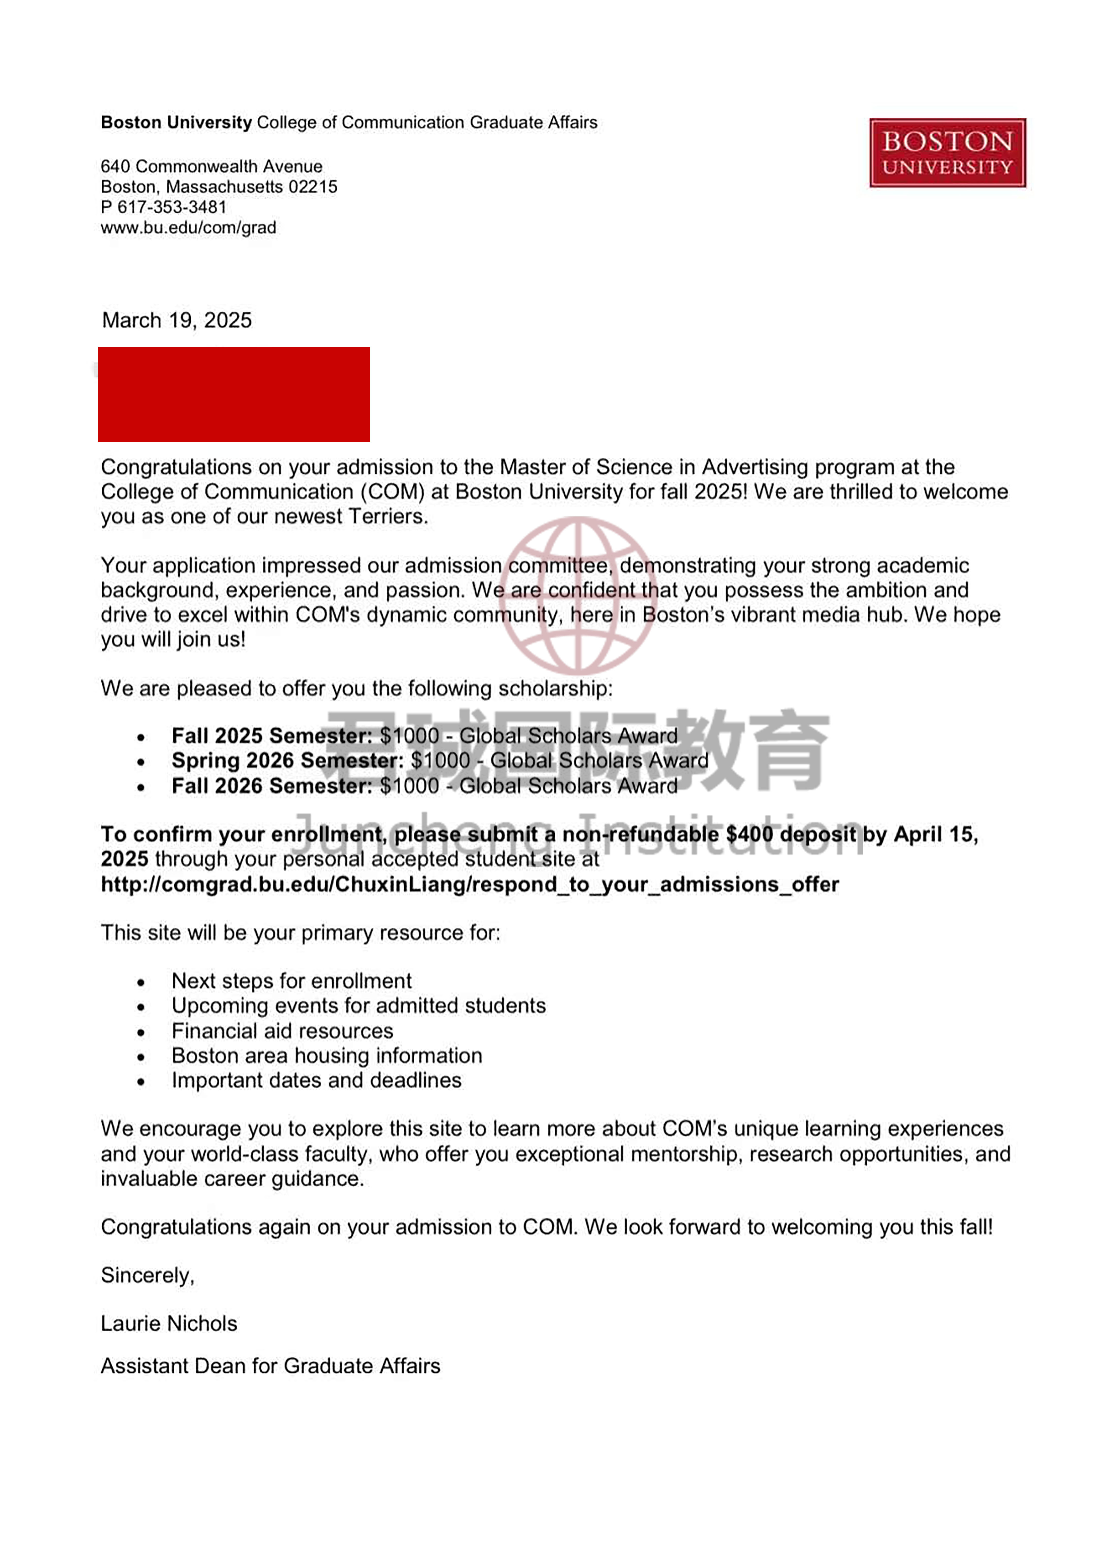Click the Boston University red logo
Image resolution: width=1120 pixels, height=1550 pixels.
[x=947, y=152]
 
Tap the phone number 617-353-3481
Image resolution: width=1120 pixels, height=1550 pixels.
[x=172, y=207]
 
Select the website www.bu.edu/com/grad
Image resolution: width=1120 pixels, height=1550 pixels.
[x=188, y=227]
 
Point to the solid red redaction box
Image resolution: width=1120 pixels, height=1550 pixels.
[x=234, y=394]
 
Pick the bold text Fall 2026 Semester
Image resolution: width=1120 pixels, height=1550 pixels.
[x=271, y=786]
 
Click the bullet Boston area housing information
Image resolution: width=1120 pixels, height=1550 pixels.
[x=327, y=1056]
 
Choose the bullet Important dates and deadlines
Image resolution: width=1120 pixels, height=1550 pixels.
[x=317, y=1080]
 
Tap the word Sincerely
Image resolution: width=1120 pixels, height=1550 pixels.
[x=147, y=1275]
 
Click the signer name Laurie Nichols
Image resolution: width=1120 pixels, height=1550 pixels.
[x=169, y=1324]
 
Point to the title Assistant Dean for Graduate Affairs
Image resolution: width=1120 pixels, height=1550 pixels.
[x=270, y=1366]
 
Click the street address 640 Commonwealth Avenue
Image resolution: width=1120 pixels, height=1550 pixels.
[x=211, y=166]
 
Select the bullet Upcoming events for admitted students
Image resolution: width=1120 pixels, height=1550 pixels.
[x=358, y=1006]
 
